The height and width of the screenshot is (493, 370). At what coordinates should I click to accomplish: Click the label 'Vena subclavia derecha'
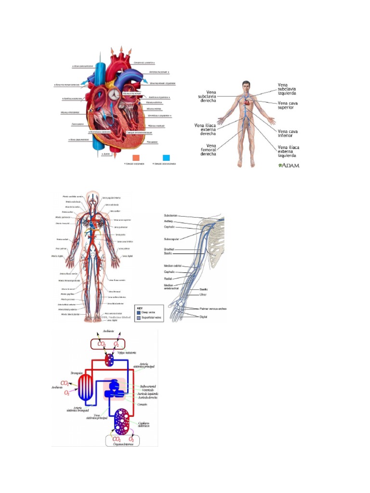coord(207,96)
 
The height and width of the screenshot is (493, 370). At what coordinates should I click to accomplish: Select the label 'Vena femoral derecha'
coord(207,150)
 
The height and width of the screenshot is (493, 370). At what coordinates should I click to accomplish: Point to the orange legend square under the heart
coord(136,158)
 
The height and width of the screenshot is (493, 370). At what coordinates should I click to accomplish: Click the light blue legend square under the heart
coord(167,158)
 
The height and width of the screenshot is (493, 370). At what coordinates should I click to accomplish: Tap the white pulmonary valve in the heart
coord(114,94)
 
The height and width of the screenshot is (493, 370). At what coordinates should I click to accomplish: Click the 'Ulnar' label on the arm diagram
coord(203,294)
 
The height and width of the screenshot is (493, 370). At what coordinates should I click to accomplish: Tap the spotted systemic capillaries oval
coord(122,421)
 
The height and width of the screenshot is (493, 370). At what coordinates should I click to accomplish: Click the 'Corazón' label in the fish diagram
coord(142,404)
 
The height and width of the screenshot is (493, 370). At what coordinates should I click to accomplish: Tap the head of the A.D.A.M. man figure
coord(246,86)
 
